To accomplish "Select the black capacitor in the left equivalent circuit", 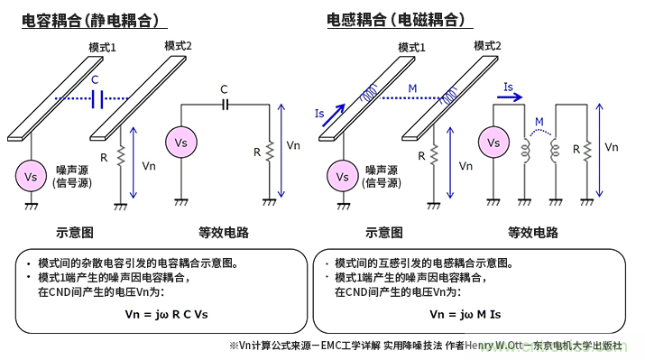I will (x=226, y=106).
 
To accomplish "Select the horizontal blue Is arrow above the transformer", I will (x=510, y=97).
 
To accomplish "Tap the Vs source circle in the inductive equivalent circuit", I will (x=493, y=143).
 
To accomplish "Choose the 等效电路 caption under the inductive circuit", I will (x=533, y=232).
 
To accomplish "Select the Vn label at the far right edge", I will (x=612, y=146).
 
